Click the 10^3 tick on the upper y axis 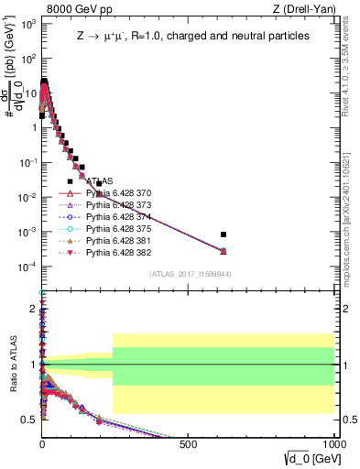click(27, 23)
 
